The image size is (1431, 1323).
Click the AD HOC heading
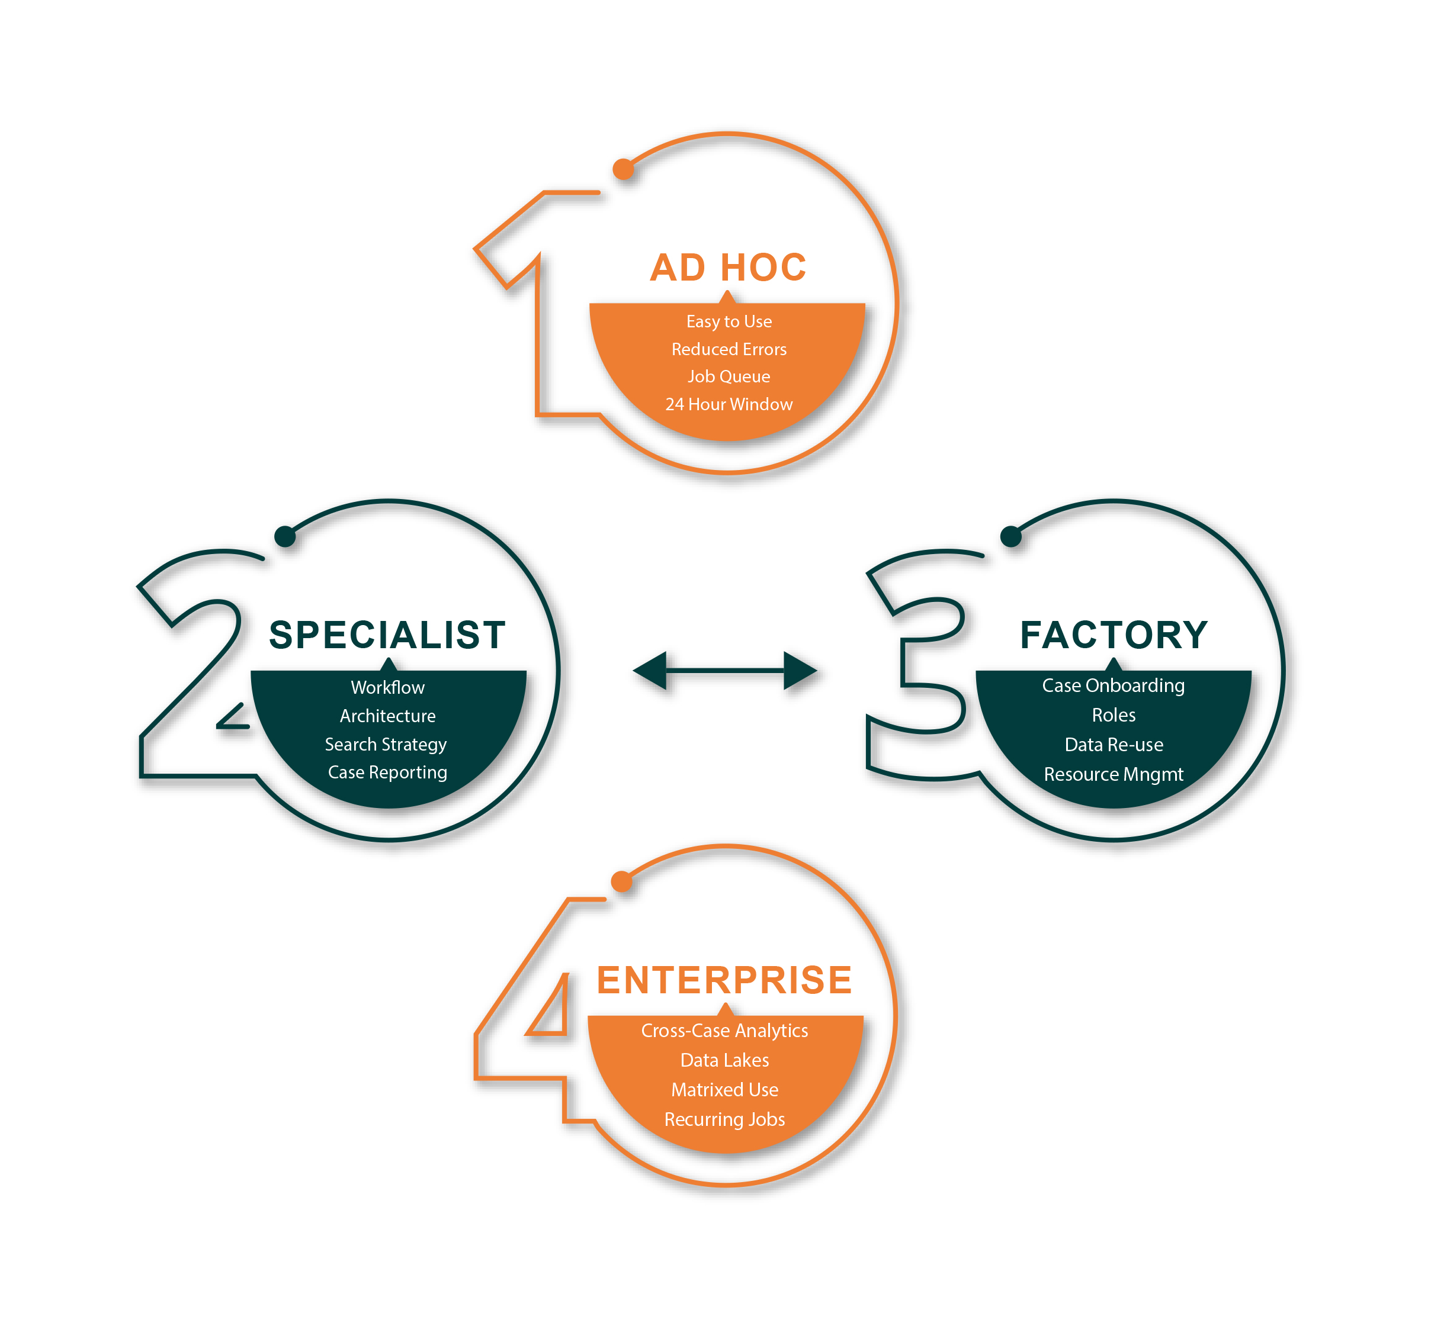coord(728,267)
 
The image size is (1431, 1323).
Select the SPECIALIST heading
coord(387,635)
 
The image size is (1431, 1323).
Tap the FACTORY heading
coord(1114,635)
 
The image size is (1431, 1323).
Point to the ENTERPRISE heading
coord(724,980)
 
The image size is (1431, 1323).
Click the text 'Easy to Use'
coord(729,321)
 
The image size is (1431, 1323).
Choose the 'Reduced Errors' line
coord(729,349)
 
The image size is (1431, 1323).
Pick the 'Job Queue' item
coord(729,376)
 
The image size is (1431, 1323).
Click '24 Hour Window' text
coord(729,404)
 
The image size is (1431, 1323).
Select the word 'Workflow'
coord(387,687)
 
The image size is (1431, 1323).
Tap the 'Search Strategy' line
coord(386,745)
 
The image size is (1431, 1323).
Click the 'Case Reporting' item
coord(387,772)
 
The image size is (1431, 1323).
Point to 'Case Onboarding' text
coord(1113,686)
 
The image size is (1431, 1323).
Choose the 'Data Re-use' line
coord(1114,745)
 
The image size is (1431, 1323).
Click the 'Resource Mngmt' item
coord(1113,775)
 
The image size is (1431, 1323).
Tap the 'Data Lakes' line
coord(724,1060)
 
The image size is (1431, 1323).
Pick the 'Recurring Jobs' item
coord(724,1120)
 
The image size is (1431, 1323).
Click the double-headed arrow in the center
coord(725,671)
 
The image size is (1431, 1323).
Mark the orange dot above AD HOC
coord(623,170)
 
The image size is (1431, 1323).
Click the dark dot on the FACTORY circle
coord(1010,536)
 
